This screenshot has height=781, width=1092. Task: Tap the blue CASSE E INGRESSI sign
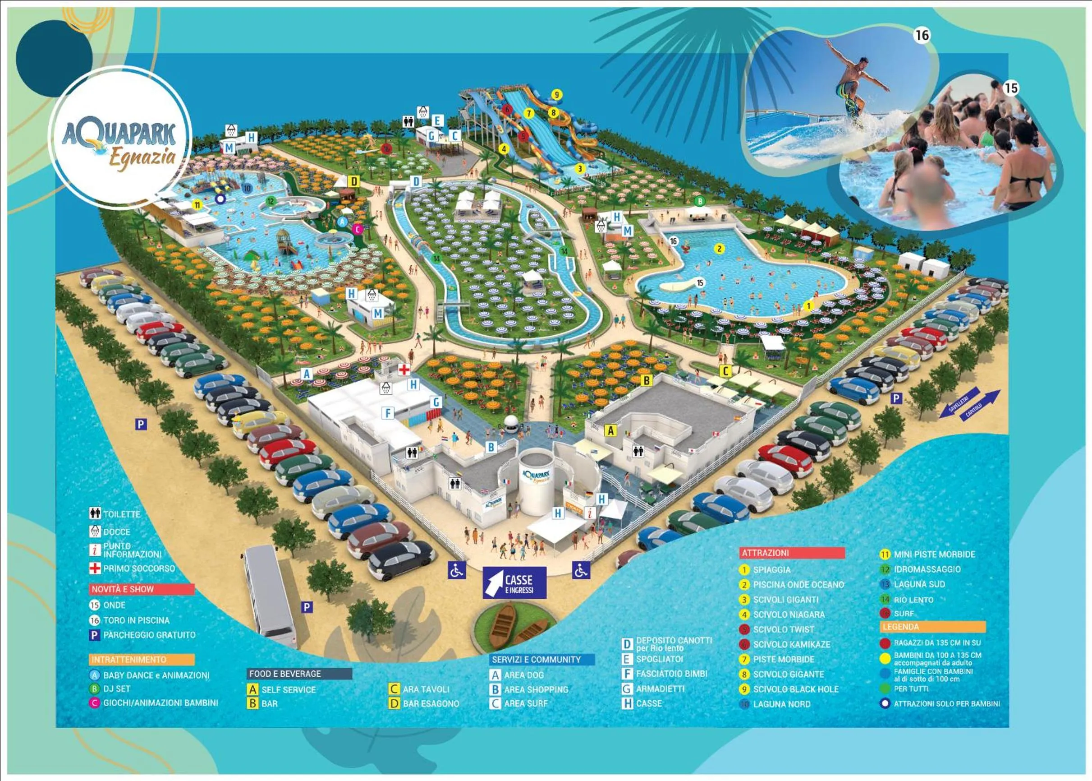tap(514, 583)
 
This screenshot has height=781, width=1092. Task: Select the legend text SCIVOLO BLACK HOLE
tap(795, 689)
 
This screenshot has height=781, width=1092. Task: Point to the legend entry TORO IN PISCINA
tap(136, 620)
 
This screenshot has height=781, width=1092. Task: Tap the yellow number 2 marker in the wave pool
tap(720, 249)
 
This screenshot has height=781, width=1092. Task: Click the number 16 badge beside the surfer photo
tap(922, 35)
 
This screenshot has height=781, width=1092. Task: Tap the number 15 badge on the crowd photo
tap(1011, 88)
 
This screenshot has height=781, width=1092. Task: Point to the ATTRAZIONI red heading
tap(792, 553)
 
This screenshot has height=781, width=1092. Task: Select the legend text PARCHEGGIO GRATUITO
tap(149, 635)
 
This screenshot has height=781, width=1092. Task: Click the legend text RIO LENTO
tap(913, 600)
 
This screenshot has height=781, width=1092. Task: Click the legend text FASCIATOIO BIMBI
tap(671, 674)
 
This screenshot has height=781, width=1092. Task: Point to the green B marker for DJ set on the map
tap(700, 201)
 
